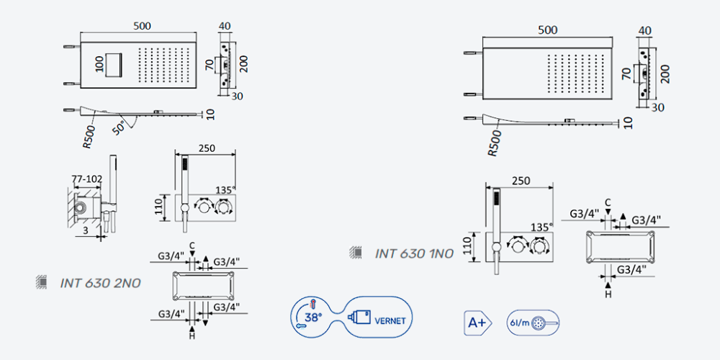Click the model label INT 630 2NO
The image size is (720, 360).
100,283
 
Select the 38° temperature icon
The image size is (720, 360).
310,317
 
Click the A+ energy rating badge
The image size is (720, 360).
477,323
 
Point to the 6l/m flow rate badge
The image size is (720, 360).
533,323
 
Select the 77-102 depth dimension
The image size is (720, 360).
87,179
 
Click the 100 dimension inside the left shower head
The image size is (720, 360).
99,64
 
